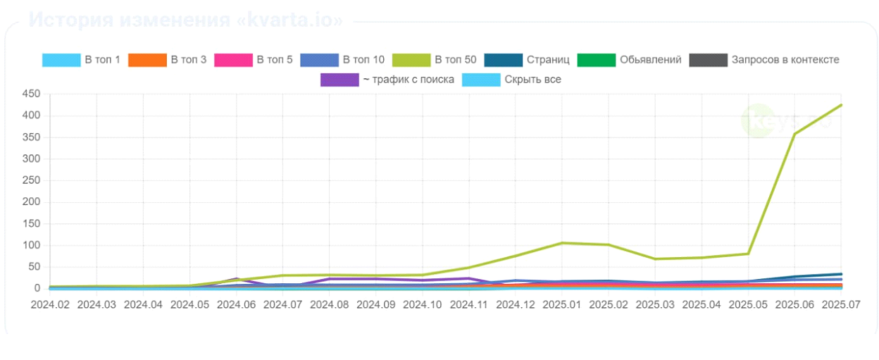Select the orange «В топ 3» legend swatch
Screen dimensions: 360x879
[147, 60]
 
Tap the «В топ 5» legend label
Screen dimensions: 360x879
[274, 60]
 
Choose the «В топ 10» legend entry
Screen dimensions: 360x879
[363, 60]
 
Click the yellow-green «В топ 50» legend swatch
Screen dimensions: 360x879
[411, 60]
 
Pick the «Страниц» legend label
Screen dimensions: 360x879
[547, 60]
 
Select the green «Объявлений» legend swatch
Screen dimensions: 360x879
[596, 60]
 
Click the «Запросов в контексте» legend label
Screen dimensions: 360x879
[785, 60]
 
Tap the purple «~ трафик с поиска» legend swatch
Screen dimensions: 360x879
[339, 80]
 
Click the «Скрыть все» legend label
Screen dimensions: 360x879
[532, 80]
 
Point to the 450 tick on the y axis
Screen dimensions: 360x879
[31, 94]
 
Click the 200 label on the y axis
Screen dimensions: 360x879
[31, 202]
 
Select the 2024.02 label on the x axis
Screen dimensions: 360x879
[50, 304]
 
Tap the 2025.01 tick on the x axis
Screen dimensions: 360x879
[562, 304]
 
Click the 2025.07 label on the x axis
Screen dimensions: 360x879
[842, 304]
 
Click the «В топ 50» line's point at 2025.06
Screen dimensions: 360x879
[795, 134]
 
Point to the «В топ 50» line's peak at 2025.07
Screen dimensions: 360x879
[842, 105]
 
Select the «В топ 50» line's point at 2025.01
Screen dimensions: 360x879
[562, 243]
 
